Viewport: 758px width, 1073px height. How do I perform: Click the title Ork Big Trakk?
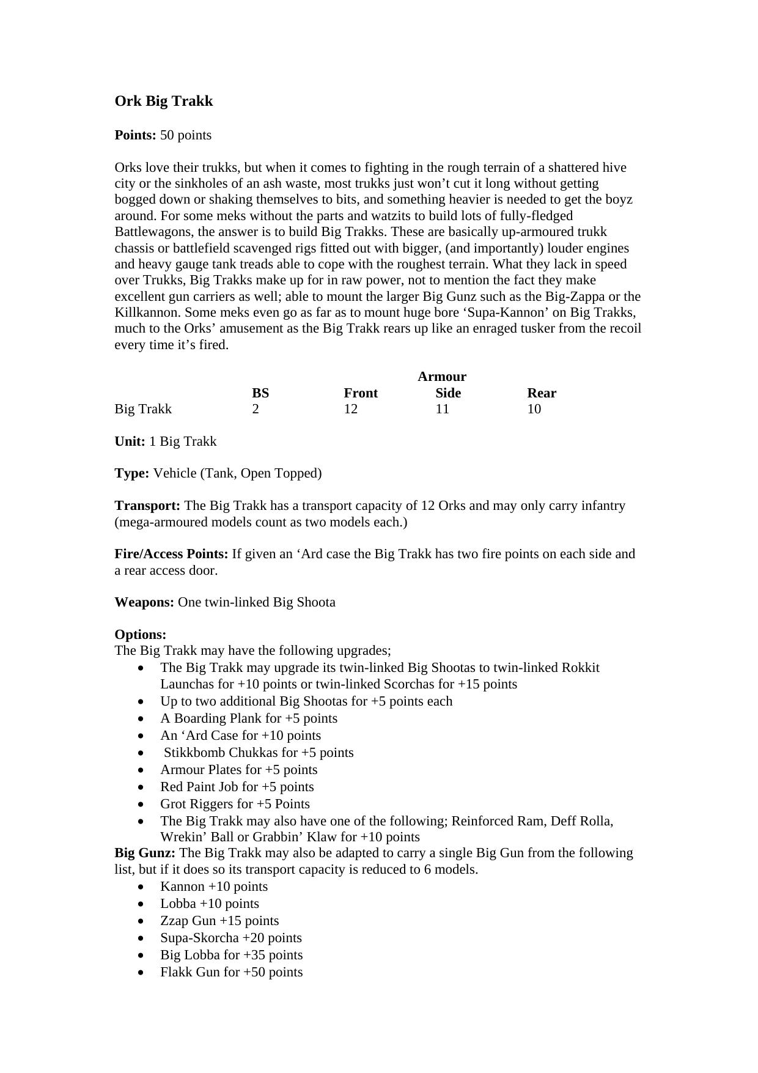(x=163, y=101)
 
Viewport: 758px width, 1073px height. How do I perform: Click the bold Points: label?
(x=135, y=135)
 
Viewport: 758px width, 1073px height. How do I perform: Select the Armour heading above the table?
(x=441, y=377)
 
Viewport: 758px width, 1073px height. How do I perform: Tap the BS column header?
(x=260, y=393)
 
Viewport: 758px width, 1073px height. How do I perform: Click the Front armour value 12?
(x=350, y=409)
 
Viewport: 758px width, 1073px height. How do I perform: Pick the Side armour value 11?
(x=442, y=409)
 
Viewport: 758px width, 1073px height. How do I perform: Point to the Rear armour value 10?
(x=534, y=409)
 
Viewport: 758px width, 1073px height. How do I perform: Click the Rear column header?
(x=542, y=393)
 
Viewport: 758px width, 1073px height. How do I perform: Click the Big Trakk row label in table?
(x=143, y=409)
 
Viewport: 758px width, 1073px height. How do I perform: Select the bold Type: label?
(x=131, y=473)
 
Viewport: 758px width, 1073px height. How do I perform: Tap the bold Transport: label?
(x=147, y=506)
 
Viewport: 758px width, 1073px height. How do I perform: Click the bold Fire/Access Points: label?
(x=171, y=554)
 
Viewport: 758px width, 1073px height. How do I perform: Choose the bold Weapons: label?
(x=144, y=602)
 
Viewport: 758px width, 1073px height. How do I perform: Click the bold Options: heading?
(x=140, y=635)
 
